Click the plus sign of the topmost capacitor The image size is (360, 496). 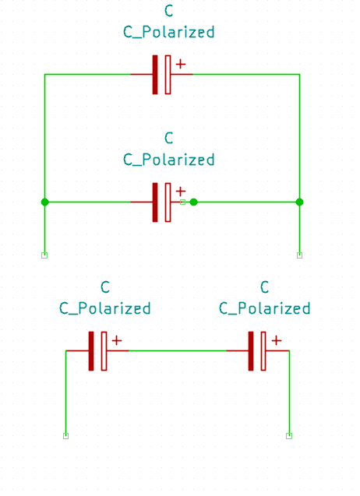click(x=181, y=64)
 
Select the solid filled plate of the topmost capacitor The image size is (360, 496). click(x=155, y=75)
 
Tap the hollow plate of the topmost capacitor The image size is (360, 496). click(x=168, y=75)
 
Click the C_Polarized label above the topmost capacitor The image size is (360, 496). click(x=169, y=32)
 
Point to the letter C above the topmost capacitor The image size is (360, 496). click(x=169, y=11)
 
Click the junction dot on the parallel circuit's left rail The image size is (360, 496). click(x=45, y=202)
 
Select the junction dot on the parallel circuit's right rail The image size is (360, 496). click(x=299, y=202)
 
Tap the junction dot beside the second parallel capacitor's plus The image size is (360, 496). click(x=193, y=202)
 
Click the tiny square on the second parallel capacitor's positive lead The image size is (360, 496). click(x=182, y=202)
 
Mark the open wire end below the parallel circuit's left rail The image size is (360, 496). click(x=44, y=255)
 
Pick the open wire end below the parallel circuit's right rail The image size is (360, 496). click(x=299, y=255)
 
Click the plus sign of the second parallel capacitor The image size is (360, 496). click(x=181, y=192)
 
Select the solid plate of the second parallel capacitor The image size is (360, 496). click(x=155, y=202)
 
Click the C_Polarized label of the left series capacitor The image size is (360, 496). click(x=104, y=308)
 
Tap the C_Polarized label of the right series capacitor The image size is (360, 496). click(x=265, y=308)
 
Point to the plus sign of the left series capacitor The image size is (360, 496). click(x=117, y=340)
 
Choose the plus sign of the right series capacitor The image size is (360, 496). click(x=277, y=340)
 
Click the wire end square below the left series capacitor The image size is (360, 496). click(x=66, y=436)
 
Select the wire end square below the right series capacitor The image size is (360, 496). click(x=289, y=436)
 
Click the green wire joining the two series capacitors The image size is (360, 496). click(x=178, y=351)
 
